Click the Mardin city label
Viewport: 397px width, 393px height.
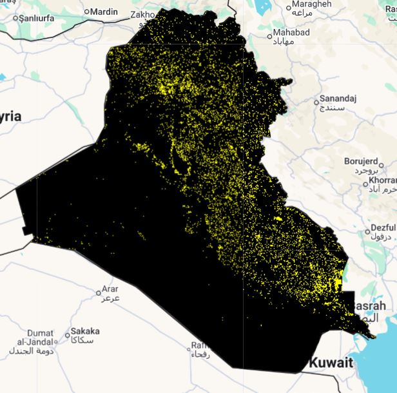pyautogui.click(x=104, y=12)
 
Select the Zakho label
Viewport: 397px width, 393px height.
pyautogui.click(x=142, y=14)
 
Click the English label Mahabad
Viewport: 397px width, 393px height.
pyautogui.click(x=291, y=32)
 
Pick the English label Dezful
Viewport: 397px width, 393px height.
pyautogui.click(x=383, y=229)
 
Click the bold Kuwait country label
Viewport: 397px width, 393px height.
pyautogui.click(x=331, y=363)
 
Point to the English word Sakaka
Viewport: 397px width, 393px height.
pyautogui.click(x=85, y=331)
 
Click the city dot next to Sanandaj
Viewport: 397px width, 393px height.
pyautogui.click(x=316, y=101)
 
